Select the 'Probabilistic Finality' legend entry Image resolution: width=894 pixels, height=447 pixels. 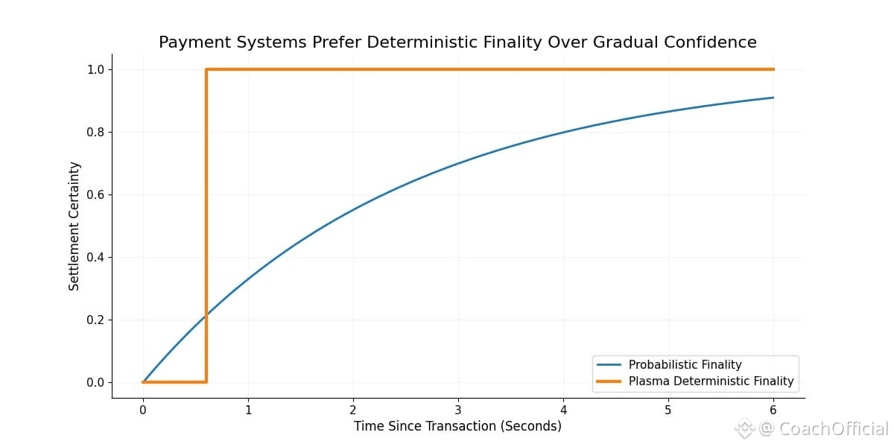point(685,365)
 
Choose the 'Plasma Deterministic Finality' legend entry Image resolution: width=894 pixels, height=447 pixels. point(711,381)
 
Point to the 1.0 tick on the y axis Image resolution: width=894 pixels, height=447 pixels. point(95,70)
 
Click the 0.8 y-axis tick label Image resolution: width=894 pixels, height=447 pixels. point(95,133)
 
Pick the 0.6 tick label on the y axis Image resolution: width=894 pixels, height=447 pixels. point(95,195)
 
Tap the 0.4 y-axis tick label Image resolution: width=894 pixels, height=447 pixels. point(95,258)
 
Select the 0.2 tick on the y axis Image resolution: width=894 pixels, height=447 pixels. point(95,320)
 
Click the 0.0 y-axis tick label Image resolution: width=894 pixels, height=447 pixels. point(95,383)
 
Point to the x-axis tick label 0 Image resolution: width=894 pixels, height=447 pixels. point(143,409)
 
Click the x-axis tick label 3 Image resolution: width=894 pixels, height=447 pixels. point(458,409)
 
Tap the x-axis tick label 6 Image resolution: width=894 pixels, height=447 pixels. point(773,409)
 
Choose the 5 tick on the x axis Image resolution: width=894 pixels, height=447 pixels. point(668,409)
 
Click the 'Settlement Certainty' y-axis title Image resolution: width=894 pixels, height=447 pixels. point(74,226)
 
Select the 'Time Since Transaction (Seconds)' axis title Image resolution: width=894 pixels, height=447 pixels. point(457,426)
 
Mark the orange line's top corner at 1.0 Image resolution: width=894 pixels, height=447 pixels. point(206,69)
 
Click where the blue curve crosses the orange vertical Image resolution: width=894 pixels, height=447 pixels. point(206,314)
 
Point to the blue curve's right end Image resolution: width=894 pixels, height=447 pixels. point(773,98)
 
